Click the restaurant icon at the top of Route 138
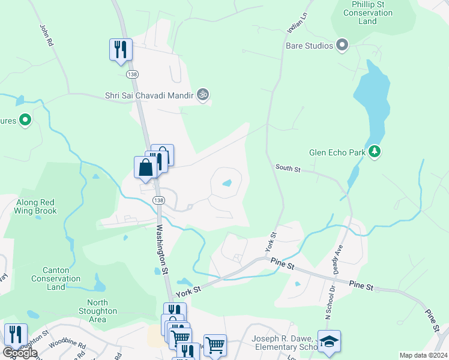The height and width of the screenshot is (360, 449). point(121,49)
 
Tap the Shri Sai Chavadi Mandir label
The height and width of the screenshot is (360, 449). point(148,95)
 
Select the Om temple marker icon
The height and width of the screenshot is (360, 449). point(203,95)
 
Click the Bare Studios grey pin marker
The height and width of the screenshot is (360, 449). point(342,46)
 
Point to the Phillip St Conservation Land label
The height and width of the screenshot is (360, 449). point(367,13)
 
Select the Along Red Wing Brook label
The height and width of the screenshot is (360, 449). point(37,206)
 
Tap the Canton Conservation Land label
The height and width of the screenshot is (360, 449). point(56,278)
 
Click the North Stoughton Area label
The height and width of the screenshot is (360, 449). point(97,311)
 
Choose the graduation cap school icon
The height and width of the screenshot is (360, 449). point(329,340)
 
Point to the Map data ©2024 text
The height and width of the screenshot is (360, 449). point(423,355)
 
